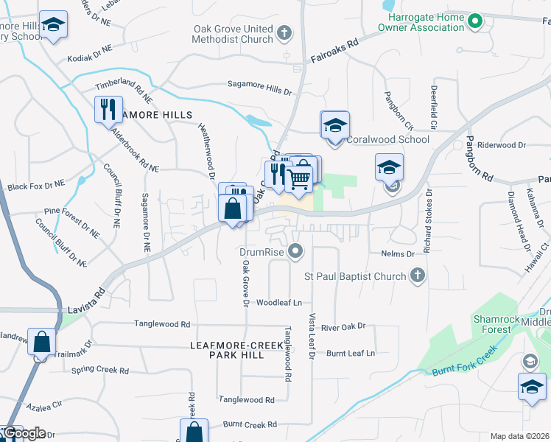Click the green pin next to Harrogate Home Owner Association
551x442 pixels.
tap(475, 20)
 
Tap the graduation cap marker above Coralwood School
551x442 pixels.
tap(334, 124)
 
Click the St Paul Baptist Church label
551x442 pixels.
tap(356, 276)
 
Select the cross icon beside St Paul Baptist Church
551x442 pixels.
tap(417, 276)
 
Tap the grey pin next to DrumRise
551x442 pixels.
tap(296, 252)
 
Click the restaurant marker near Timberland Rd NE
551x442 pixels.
tap(108, 109)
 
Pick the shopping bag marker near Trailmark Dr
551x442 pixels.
tap(42, 342)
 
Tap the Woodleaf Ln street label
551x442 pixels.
tap(279, 302)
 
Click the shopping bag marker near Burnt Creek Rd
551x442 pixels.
tap(194, 432)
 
